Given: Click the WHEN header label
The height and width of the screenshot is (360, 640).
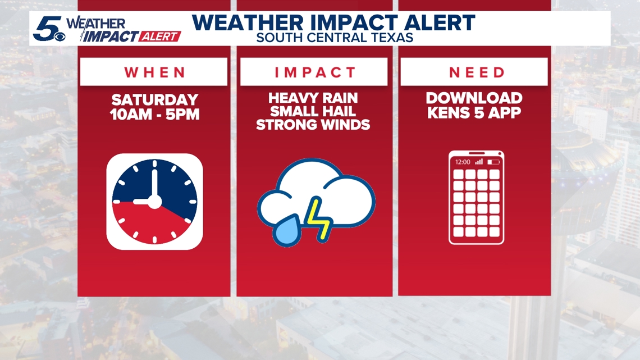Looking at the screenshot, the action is coord(155,72).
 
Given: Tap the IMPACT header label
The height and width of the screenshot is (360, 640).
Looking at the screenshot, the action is coord(315,72).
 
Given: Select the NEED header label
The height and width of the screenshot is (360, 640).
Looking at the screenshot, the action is coord(477,72).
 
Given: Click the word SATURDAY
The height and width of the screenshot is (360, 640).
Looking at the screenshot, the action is coord(155,99).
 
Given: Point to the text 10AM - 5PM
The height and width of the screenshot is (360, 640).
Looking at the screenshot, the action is coord(155,114).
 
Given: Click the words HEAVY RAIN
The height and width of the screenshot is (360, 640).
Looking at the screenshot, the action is coord(313,98).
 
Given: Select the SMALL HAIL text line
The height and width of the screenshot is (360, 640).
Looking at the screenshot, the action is coord(313,111).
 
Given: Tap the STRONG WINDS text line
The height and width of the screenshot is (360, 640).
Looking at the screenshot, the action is coord(313,125).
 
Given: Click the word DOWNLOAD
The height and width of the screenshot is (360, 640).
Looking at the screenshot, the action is coord(474,98).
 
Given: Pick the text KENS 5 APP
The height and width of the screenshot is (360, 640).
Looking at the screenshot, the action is coord(474,112).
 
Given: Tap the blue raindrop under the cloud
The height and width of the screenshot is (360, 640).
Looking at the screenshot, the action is coord(288,231).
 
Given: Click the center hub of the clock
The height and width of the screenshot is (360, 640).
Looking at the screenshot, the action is coord(154,202).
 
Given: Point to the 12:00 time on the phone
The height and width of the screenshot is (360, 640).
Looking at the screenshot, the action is coord(463,162).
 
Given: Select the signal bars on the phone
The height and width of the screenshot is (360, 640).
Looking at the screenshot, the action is coord(479,162).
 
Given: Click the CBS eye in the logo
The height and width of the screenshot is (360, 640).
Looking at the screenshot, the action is coord(60,37).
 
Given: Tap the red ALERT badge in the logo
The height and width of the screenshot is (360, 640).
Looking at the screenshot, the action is coord(159,37).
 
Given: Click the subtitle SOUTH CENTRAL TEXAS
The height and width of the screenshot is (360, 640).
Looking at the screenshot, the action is coord(335,38).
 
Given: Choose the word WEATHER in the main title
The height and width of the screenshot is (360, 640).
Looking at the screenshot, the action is coord(248,22).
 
